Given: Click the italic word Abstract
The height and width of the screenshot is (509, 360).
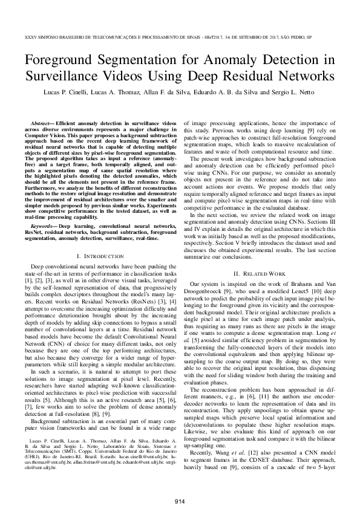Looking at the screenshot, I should click(43, 123).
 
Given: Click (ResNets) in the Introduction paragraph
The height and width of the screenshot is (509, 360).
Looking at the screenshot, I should click(115, 314).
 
